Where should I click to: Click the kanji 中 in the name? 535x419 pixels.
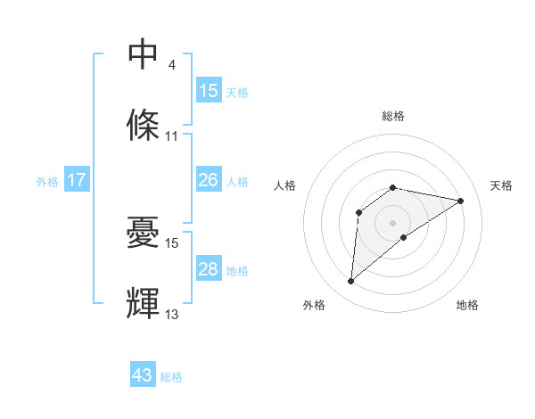[144, 54]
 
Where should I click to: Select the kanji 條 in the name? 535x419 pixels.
[144, 125]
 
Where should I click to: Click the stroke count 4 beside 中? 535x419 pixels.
[171, 66]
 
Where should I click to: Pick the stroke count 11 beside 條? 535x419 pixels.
[172, 136]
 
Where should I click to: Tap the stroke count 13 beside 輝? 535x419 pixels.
[172, 315]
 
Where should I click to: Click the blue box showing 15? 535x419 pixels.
[209, 91]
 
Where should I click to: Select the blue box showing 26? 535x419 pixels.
[209, 180]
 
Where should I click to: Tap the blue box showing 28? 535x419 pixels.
[209, 269]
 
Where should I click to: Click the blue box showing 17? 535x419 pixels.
[77, 180]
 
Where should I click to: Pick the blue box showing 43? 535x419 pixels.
[143, 375]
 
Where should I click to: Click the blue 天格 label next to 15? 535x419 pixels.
[237, 92]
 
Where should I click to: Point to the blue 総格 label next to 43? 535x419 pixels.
[171, 377]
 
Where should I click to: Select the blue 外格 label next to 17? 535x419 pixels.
[47, 181]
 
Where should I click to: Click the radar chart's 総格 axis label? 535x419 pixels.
[393, 116]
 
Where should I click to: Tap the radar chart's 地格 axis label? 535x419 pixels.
[467, 305]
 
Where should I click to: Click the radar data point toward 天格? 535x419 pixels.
[460, 201]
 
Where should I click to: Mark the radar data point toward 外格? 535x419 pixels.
[351, 282]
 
